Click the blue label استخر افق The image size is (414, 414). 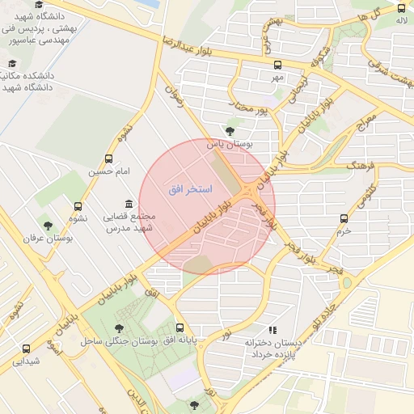pyautogui.click(x=190, y=189)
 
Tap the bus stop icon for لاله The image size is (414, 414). pyautogui.click(x=402, y=8)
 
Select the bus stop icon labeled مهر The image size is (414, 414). pyautogui.click(x=278, y=65)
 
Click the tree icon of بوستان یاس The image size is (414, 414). pyautogui.click(x=230, y=131)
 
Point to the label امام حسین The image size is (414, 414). pyautogui.click(x=109, y=171)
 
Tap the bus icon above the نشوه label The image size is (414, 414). pyautogui.click(x=78, y=206)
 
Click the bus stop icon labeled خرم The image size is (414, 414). pyautogui.click(x=344, y=218)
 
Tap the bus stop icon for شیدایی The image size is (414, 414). pyautogui.click(x=27, y=349)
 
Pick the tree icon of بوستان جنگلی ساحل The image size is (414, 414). pyautogui.click(x=120, y=328)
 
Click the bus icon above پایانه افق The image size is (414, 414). pyautogui.click(x=180, y=328)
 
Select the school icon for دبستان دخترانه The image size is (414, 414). pyautogui.click(x=272, y=330)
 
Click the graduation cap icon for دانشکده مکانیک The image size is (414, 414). pyautogui.click(x=11, y=63)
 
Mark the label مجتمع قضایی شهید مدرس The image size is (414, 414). pyautogui.click(x=129, y=223)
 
